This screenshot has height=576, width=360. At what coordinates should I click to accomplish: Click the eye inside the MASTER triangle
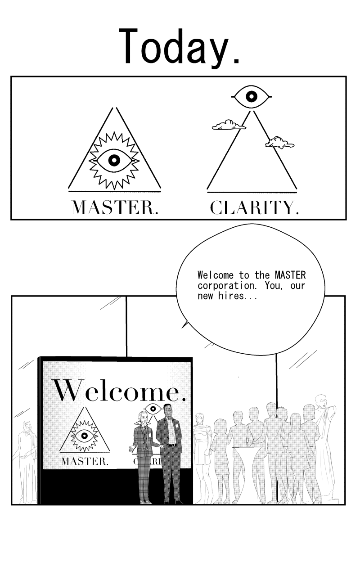tap(114, 161)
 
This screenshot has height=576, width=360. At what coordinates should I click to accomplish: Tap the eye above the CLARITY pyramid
tap(252, 97)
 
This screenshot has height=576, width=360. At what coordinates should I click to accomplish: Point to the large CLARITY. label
tap(255, 208)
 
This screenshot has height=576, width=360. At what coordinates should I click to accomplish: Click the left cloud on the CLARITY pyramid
tap(229, 125)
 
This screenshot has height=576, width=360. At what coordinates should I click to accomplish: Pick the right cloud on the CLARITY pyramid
tap(280, 143)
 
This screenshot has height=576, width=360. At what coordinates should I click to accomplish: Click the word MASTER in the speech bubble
tap(290, 275)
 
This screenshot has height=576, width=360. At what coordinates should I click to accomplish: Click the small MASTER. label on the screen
tap(85, 461)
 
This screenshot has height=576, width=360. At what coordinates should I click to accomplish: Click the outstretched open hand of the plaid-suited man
tap(131, 449)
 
